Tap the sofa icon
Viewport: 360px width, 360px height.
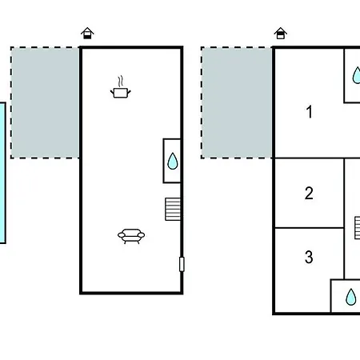point(131,236)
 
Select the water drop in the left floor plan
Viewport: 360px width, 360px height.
point(173,161)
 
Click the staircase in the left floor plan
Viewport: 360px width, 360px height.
point(173,209)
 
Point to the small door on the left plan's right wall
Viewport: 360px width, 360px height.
point(182,264)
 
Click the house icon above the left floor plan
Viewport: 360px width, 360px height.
point(87,33)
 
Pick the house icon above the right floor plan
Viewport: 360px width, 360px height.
point(281,33)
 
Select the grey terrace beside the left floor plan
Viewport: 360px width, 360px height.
point(45,102)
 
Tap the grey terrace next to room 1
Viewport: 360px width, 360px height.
point(237,102)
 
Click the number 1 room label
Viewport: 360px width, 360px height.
point(310,112)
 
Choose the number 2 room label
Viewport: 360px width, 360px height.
point(309,193)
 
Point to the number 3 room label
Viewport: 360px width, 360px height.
point(309,257)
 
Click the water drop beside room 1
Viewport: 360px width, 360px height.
point(356,75)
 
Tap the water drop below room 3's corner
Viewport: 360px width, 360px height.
point(351,297)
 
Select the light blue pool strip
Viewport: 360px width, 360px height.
point(2,173)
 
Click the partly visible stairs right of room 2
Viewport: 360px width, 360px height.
point(358,228)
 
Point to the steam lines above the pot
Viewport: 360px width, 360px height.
point(121,82)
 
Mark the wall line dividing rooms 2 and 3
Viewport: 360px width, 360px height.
point(310,228)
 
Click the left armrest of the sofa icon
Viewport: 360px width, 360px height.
point(122,235)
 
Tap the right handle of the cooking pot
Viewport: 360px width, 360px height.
point(129,93)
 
